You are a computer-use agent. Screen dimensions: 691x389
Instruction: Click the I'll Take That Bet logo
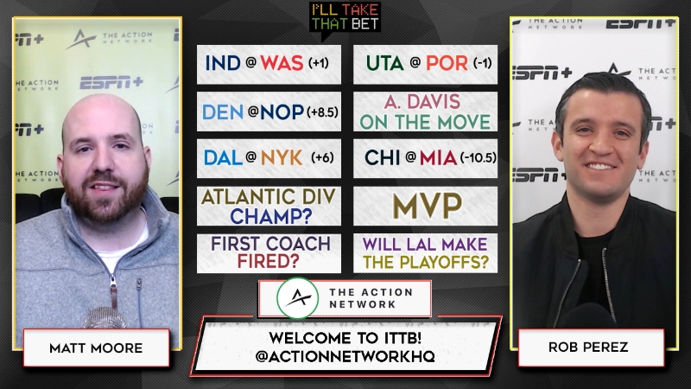click(345, 18)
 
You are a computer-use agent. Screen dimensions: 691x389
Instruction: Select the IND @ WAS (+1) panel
click(269, 64)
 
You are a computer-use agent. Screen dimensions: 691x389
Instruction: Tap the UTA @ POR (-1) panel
click(425, 64)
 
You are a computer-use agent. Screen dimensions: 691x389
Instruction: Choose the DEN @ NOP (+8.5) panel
click(269, 112)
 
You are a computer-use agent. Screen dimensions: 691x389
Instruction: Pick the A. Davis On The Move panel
click(425, 112)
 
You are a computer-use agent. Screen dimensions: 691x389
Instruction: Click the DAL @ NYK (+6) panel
click(269, 158)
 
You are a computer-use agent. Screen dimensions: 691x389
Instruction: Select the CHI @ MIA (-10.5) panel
click(425, 158)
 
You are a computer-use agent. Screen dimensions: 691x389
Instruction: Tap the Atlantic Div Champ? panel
click(269, 206)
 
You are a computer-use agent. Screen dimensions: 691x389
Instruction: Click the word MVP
click(427, 206)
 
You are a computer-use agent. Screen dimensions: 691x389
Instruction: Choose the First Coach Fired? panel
click(269, 253)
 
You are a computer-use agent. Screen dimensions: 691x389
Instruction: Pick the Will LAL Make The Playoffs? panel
click(425, 253)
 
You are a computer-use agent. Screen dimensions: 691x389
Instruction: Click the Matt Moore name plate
click(96, 348)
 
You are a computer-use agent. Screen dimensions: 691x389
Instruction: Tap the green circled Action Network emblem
click(298, 298)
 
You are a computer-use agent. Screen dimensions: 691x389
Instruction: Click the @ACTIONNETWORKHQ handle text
click(345, 356)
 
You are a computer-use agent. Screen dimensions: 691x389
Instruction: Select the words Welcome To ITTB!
click(345, 338)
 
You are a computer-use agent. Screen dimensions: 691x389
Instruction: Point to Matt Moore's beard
click(105, 199)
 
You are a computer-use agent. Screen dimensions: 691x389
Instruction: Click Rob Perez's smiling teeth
click(599, 166)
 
